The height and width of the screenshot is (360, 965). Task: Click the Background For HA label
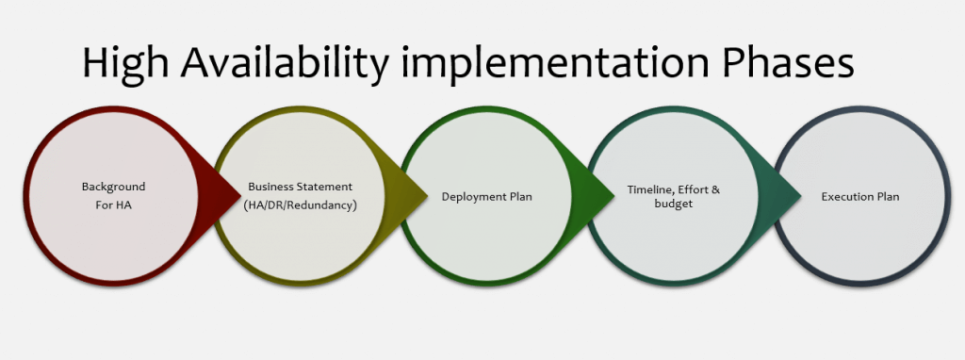pos(113,195)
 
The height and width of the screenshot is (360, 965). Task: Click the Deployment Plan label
pos(487,196)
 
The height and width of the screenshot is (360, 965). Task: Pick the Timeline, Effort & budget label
pos(674,196)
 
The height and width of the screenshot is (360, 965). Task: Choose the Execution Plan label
pos(859,196)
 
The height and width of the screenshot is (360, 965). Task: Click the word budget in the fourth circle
pos(674,204)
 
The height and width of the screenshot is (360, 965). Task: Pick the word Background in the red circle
pos(113,188)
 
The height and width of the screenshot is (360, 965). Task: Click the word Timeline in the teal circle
pos(651,188)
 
